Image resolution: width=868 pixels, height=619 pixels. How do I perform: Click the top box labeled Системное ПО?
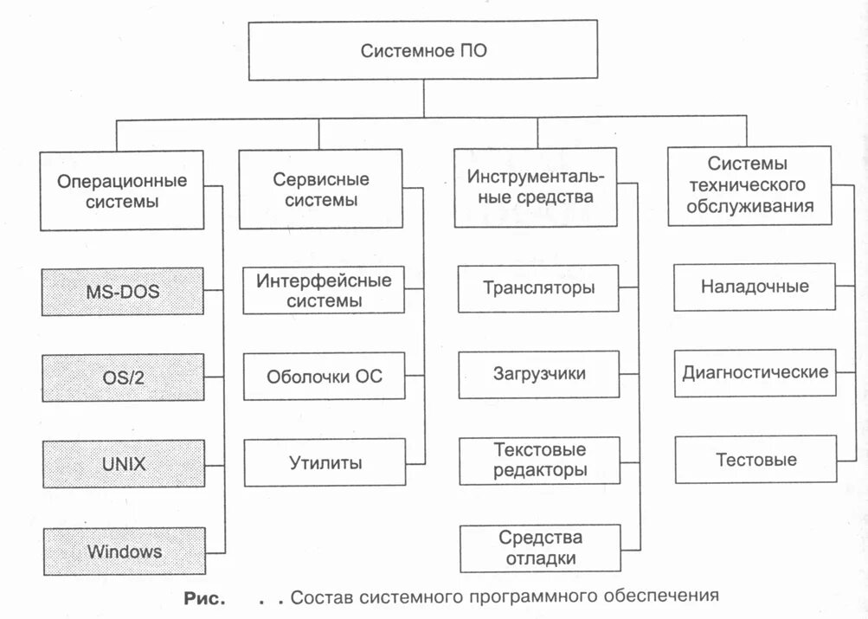point(423,51)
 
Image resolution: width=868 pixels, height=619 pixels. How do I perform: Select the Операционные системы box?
point(122,190)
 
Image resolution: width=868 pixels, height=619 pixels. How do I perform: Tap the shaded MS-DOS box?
point(122,291)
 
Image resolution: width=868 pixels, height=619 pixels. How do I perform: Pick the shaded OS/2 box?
point(122,377)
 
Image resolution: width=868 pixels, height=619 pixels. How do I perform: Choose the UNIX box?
point(122,463)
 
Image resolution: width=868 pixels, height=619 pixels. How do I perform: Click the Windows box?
point(122,551)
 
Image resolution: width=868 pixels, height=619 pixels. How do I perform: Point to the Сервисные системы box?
point(320,189)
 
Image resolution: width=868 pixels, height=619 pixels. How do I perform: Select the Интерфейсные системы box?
point(324,291)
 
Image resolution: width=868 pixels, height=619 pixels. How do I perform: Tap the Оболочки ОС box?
point(324,377)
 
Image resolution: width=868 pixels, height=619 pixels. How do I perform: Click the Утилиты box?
point(325,462)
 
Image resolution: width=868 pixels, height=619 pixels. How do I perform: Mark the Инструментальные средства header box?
point(536,187)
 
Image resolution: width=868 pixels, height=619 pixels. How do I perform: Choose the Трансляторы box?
point(538,287)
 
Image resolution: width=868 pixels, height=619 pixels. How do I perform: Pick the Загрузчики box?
point(538,374)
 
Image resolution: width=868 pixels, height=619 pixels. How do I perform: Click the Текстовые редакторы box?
point(539,461)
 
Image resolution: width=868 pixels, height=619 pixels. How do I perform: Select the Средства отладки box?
point(539,548)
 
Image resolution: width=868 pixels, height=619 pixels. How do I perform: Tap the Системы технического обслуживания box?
point(749,185)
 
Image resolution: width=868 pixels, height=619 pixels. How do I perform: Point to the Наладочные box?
point(755,287)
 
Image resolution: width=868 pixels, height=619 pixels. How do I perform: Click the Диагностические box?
point(755,373)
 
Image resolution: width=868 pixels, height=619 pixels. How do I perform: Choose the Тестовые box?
point(755,459)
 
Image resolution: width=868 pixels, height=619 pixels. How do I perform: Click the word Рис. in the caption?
point(204,597)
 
